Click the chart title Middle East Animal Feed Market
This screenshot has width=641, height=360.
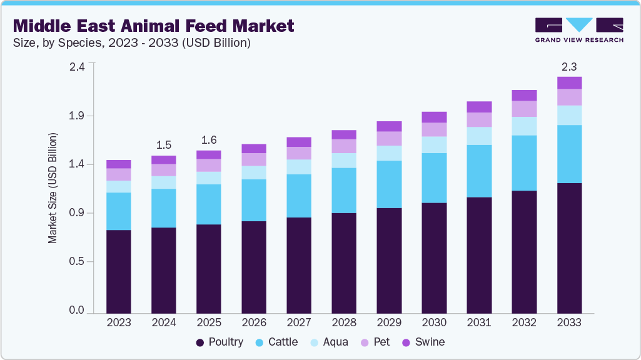pyautogui.click(x=153, y=26)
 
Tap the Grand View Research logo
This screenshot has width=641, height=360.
pyautogui.click(x=578, y=29)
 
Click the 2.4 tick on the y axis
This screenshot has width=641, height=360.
pyautogui.click(x=76, y=67)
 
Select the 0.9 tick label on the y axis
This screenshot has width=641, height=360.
pyautogui.click(x=76, y=213)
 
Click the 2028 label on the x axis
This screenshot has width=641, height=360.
pyautogui.click(x=343, y=322)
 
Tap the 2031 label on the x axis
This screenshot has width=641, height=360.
pyautogui.click(x=478, y=322)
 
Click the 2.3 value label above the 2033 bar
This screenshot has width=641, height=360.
pyautogui.click(x=569, y=66)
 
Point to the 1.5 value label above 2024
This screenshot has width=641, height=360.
pyautogui.click(x=164, y=145)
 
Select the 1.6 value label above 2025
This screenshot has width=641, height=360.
pyautogui.click(x=209, y=140)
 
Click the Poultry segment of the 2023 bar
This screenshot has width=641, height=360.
pyautogui.click(x=119, y=271)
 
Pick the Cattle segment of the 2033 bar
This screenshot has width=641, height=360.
pyautogui.click(x=569, y=154)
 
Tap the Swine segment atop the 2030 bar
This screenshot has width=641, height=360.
pyautogui.click(x=434, y=117)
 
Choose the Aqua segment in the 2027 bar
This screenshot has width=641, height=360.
pyautogui.click(x=299, y=167)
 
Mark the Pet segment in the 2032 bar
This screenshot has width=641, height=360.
pyautogui.click(x=524, y=109)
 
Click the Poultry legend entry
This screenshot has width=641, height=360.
pyautogui.click(x=219, y=342)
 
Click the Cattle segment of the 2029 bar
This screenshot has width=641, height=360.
pyautogui.click(x=389, y=184)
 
